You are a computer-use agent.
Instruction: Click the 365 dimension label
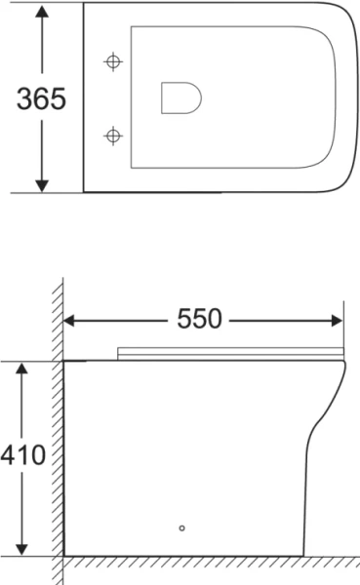41,99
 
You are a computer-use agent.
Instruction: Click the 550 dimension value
200,319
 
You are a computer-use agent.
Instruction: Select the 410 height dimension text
22,455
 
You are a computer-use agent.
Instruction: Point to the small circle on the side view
181,530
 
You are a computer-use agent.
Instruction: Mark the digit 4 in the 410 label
9,455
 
